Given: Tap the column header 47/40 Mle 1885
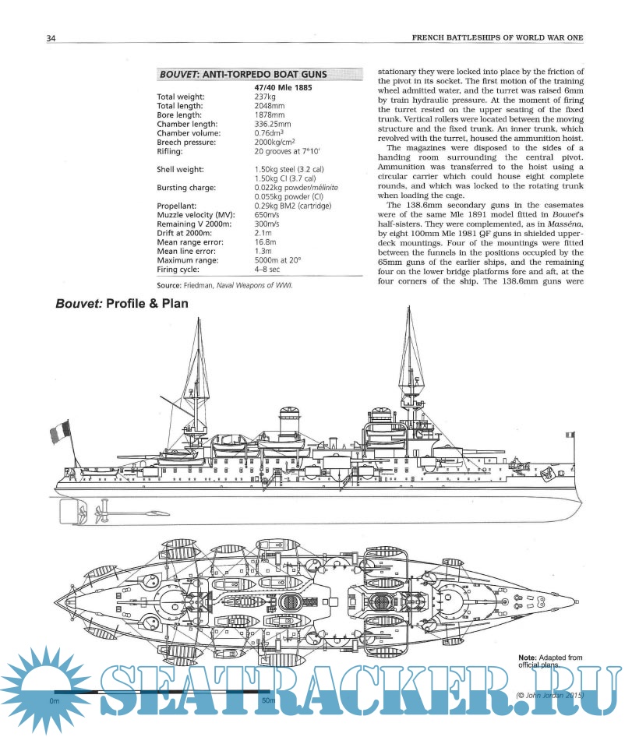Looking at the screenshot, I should click(284, 88).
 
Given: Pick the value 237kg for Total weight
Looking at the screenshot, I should click(266, 97).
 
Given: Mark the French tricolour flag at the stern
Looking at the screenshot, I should click(59, 429).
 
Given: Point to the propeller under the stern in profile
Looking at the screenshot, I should click(99, 513).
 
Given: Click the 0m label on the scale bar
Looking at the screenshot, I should click(55, 701).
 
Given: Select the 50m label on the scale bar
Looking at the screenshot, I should click(267, 701).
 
